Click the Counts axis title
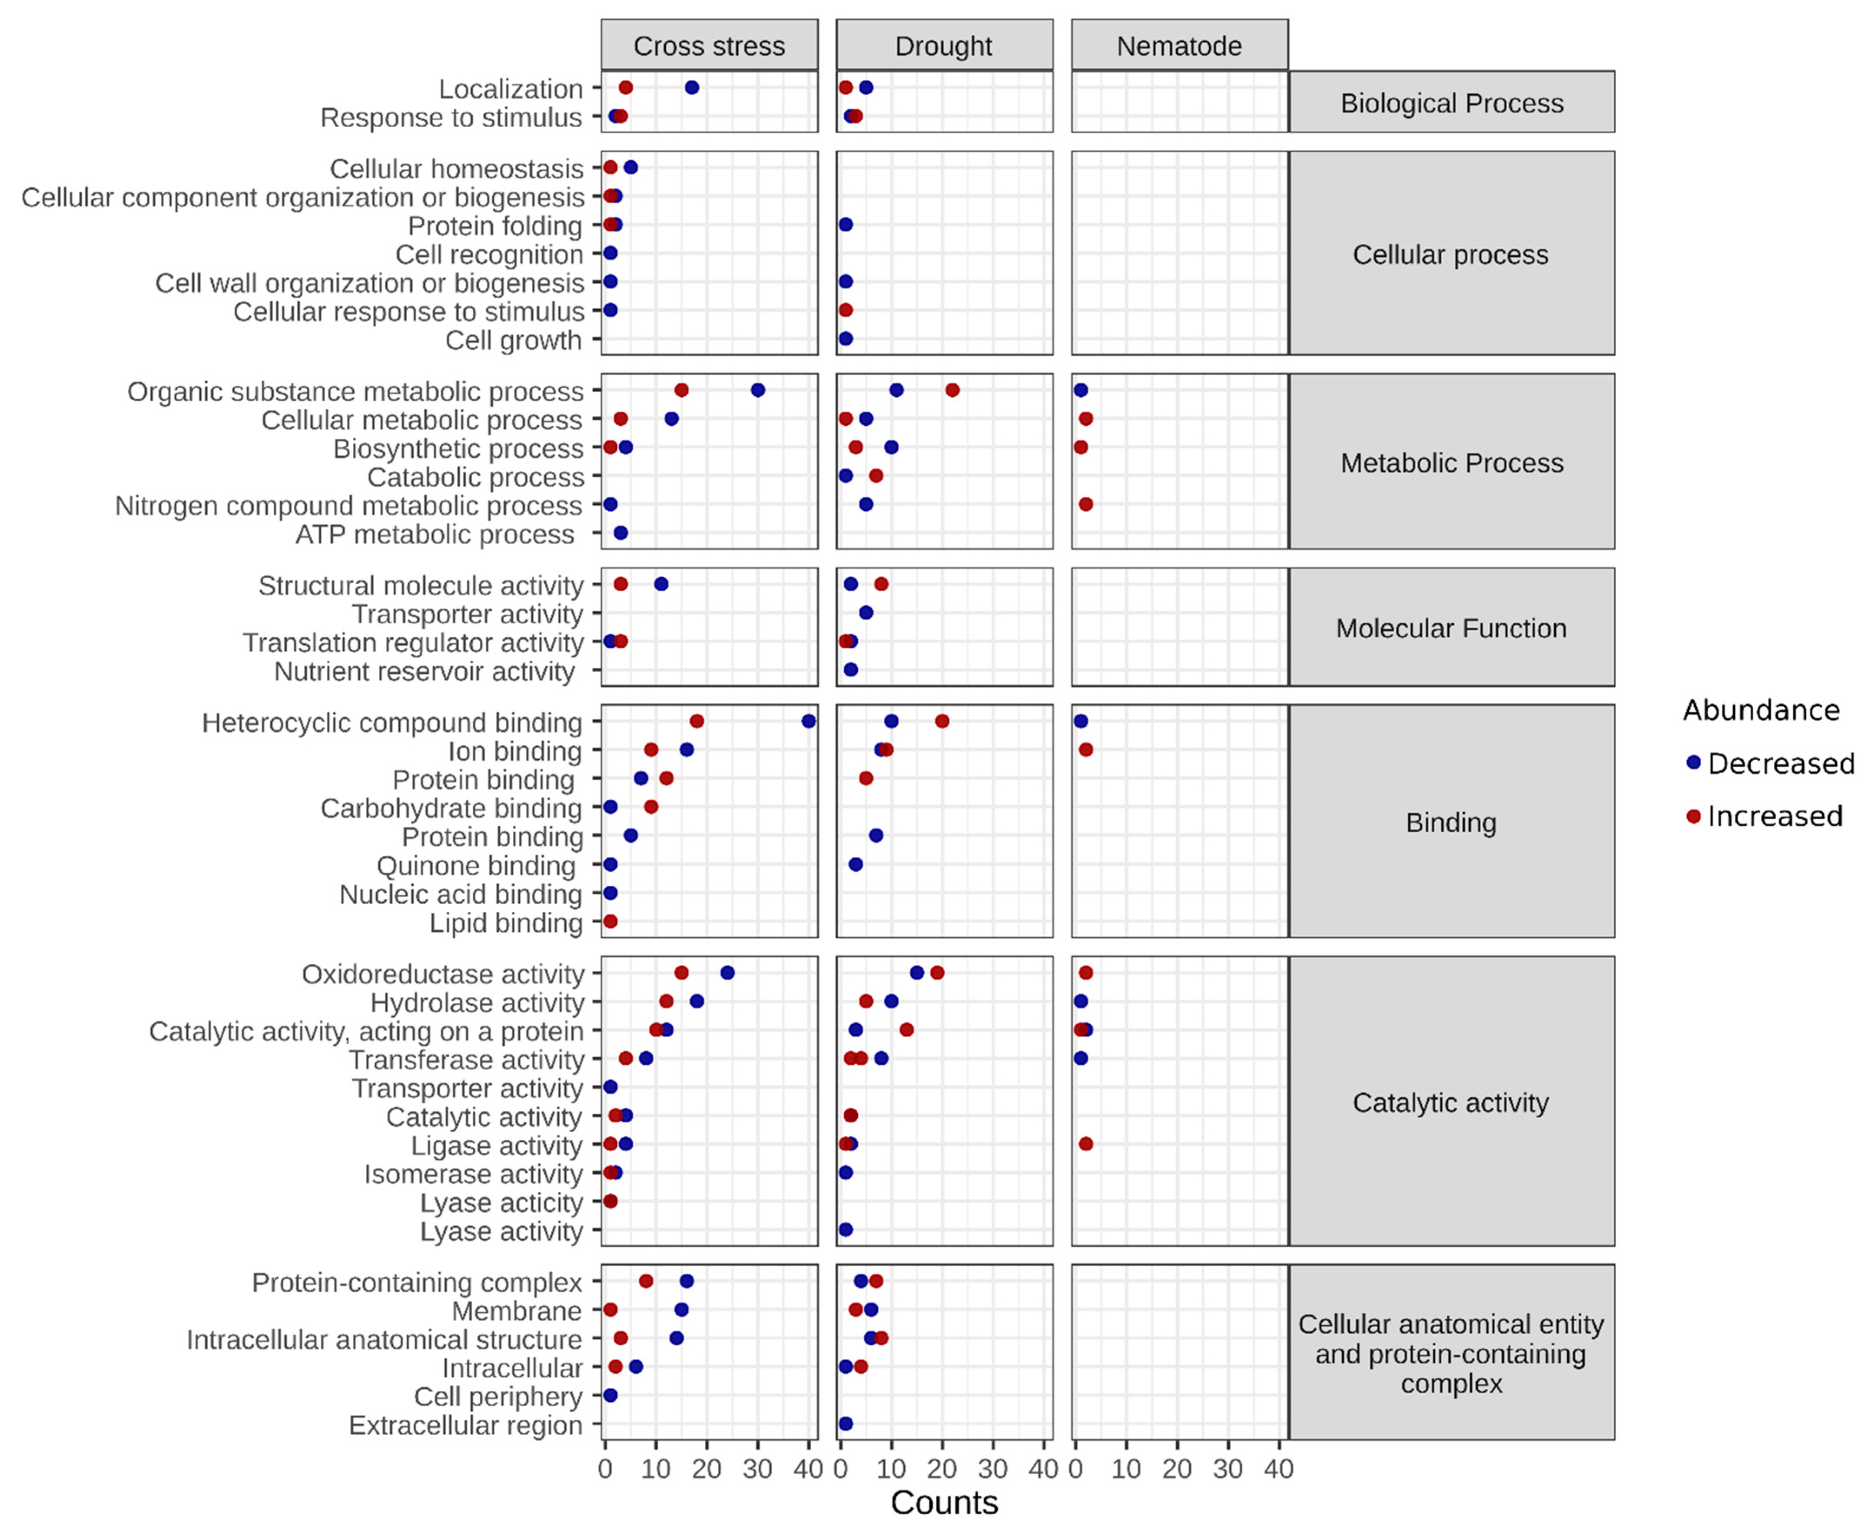pos(944,1502)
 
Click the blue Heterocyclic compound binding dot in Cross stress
pos(809,721)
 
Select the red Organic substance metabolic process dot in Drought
pos(952,389)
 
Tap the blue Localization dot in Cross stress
pos(692,87)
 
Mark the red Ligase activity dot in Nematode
pos(1085,1144)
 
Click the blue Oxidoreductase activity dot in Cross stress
pos(727,972)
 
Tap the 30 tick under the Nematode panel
pos(1228,1469)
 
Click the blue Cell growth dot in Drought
pos(846,338)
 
